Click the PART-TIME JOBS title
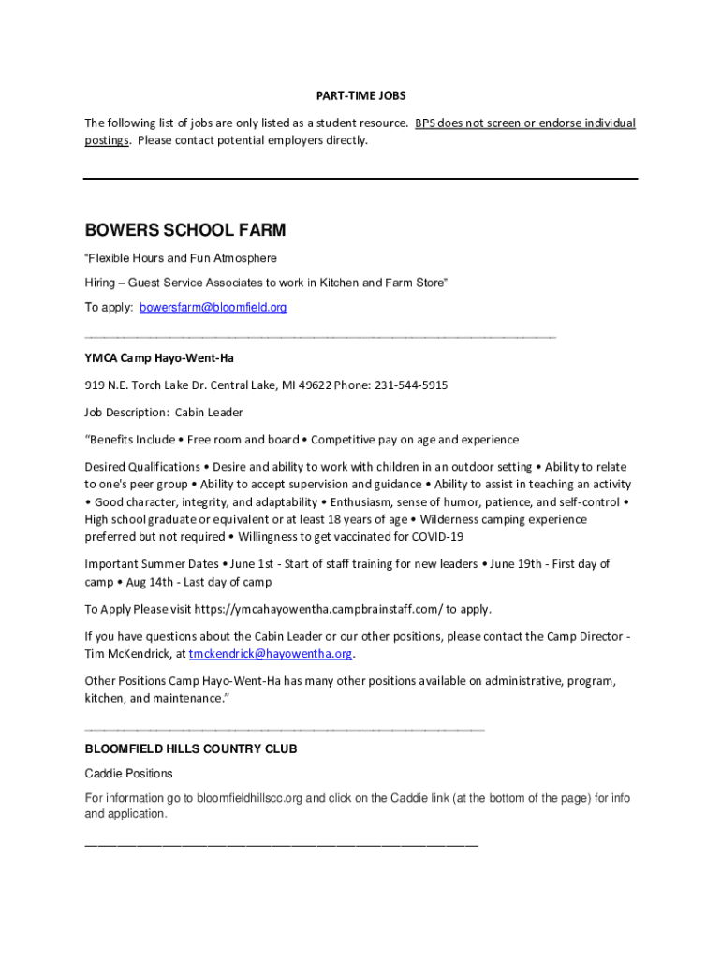coord(360,96)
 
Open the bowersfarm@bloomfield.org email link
coord(213,307)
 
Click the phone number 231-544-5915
coord(411,385)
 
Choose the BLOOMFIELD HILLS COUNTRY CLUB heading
coord(191,749)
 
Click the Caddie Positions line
coord(129,774)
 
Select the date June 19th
coord(521,564)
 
